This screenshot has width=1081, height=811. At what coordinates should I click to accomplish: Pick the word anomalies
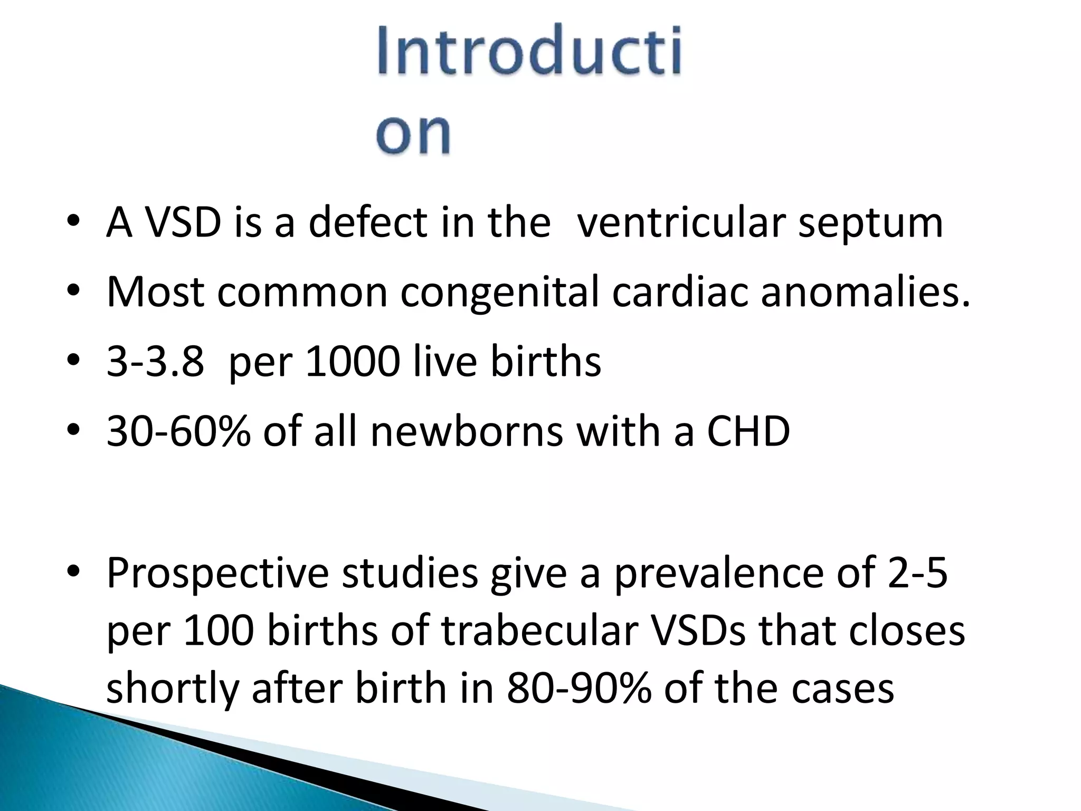click(865, 292)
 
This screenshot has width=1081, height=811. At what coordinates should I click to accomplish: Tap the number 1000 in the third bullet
click(353, 362)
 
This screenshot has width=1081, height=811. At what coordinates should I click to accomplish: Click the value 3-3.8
click(155, 362)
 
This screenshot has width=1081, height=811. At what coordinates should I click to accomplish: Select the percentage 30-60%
click(178, 431)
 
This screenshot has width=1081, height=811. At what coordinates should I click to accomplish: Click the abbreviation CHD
click(748, 431)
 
